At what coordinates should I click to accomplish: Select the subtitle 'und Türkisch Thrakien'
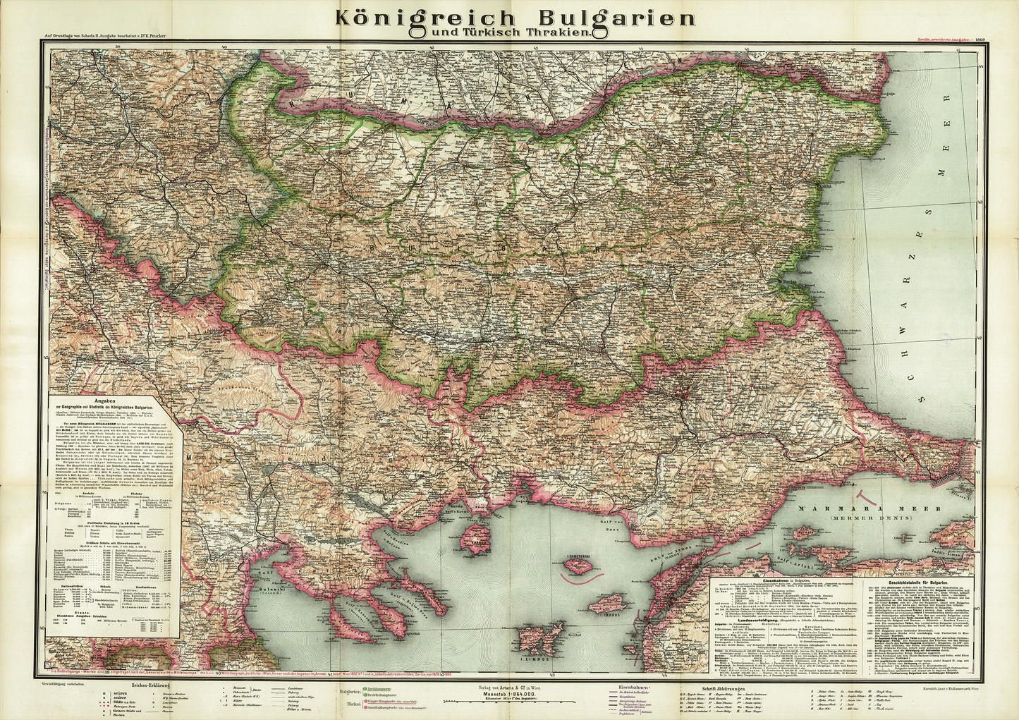[509, 32]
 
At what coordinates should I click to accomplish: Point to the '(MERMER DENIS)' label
[865, 518]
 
